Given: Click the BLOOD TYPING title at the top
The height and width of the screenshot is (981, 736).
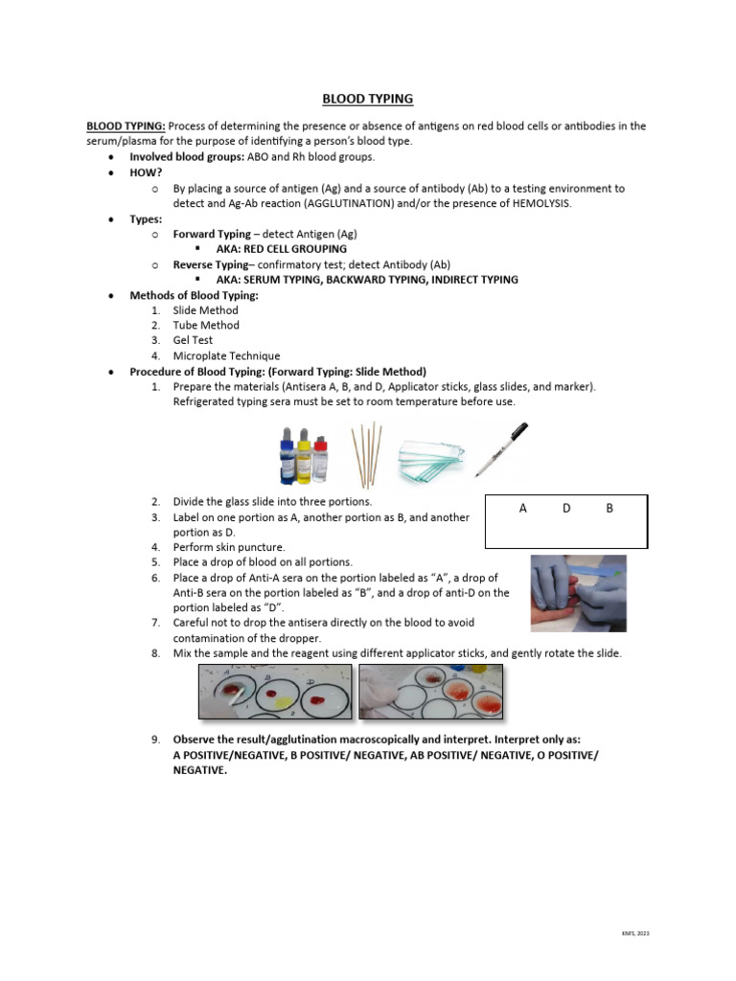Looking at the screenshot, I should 367,99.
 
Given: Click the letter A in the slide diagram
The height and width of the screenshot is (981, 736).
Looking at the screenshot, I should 523,509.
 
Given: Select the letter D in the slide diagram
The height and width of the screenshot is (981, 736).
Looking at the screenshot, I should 566,509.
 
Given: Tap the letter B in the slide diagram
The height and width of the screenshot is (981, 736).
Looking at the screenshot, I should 609,509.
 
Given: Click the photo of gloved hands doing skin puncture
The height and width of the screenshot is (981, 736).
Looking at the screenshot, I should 578,593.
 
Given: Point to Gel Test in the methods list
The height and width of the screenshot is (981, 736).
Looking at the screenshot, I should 193,340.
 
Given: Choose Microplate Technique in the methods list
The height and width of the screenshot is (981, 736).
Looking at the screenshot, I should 226,355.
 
